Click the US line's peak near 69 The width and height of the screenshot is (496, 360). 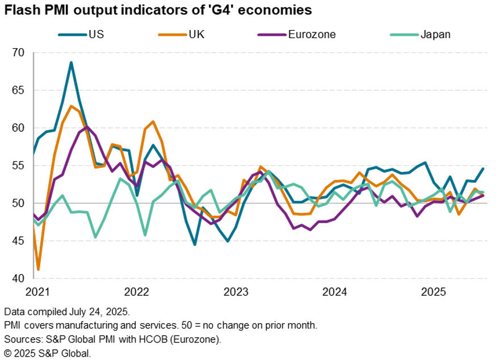[x=71, y=62]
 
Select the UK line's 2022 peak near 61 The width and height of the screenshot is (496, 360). [x=153, y=122]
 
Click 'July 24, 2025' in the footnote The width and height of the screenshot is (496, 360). [x=96, y=312]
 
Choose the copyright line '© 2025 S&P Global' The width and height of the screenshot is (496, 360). [x=47, y=353]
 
